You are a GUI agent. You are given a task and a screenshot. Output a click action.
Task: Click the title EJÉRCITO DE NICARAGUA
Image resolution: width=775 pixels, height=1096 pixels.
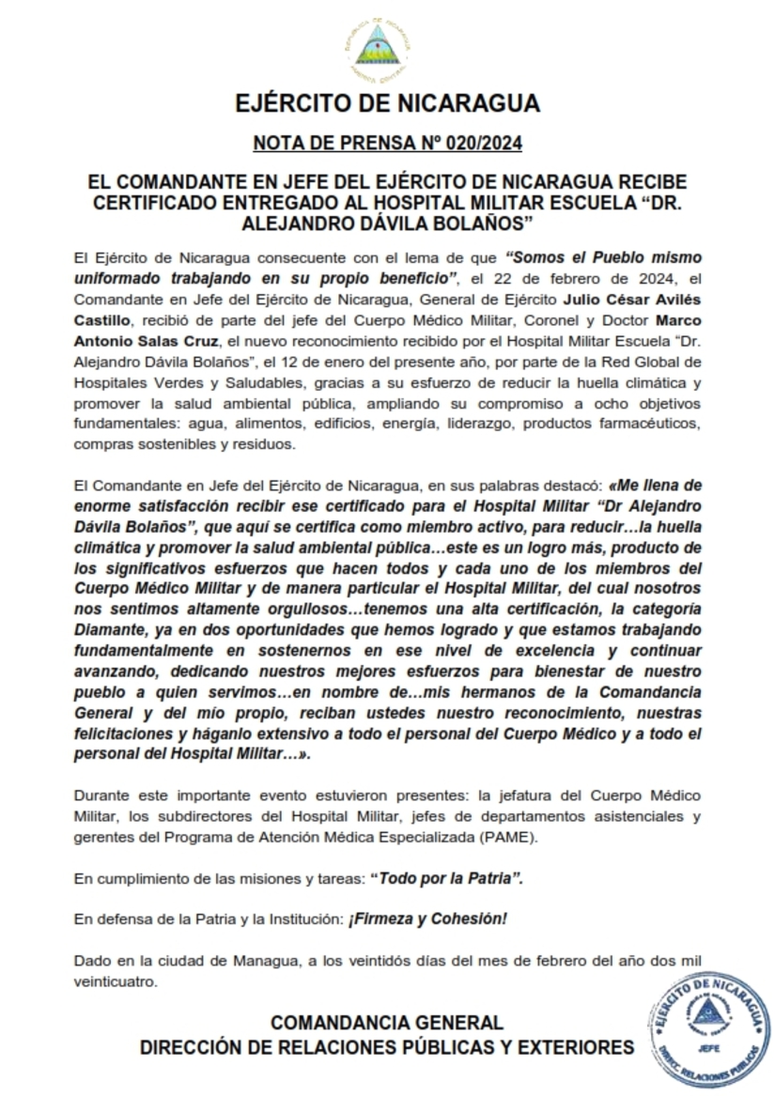click(x=386, y=102)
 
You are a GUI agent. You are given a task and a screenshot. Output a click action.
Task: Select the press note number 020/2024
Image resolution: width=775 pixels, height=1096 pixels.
click(x=479, y=144)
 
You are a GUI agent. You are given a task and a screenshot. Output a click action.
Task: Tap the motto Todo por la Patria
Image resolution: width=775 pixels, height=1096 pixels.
click(x=446, y=878)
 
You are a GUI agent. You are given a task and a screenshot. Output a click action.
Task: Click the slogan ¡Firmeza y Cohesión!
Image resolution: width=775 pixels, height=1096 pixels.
click(x=428, y=918)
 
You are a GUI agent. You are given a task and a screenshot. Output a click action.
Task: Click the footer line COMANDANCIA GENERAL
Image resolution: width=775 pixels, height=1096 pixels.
click(x=386, y=1023)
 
